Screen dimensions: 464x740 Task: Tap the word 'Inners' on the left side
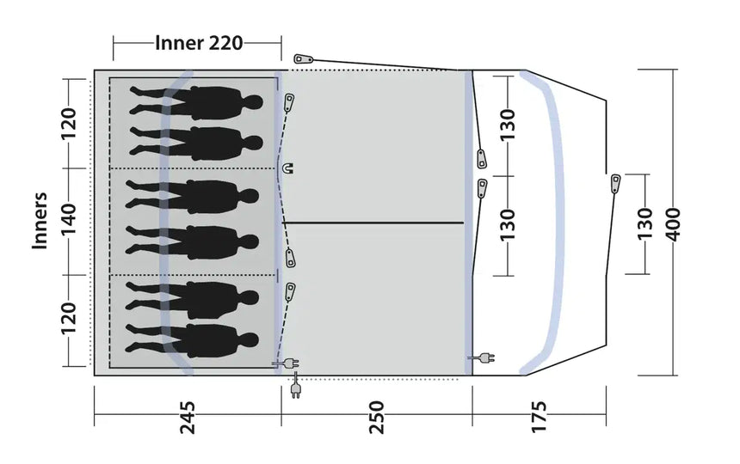point(40,221)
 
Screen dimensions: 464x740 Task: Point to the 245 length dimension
point(187,417)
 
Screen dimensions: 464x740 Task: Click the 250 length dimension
point(376,417)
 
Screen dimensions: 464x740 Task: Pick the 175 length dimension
point(539,417)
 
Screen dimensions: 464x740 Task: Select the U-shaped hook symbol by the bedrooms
point(288,168)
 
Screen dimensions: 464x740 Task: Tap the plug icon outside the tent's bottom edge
point(296,389)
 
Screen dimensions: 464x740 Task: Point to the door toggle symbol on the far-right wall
point(616,183)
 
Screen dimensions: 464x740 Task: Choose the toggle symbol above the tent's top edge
point(300,58)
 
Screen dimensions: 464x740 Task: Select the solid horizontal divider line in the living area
point(373,223)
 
